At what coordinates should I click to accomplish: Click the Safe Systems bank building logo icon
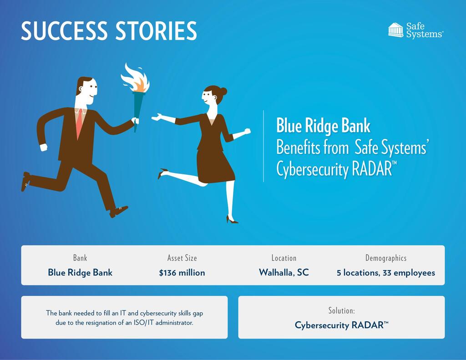pyautogui.click(x=395, y=30)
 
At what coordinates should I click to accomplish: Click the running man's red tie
pyautogui.click(x=79, y=123)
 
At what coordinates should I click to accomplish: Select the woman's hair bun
pyautogui.click(x=223, y=91)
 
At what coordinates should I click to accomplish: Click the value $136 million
pyautogui.click(x=182, y=273)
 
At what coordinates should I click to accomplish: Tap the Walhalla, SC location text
pyautogui.click(x=284, y=273)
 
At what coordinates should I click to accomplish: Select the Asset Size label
pyautogui.click(x=182, y=258)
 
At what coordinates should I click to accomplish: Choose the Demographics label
pyautogui.click(x=386, y=258)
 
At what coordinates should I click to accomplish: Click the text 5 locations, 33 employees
pyautogui.click(x=386, y=273)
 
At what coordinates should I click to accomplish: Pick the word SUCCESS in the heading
pyautogui.click(x=64, y=31)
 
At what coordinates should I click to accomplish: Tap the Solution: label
pyautogui.click(x=341, y=310)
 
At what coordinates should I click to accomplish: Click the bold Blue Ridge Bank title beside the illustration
pyautogui.click(x=324, y=126)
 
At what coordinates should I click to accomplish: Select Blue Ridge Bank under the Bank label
pyautogui.click(x=80, y=273)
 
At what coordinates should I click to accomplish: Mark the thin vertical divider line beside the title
pyautogui.click(x=264, y=146)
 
